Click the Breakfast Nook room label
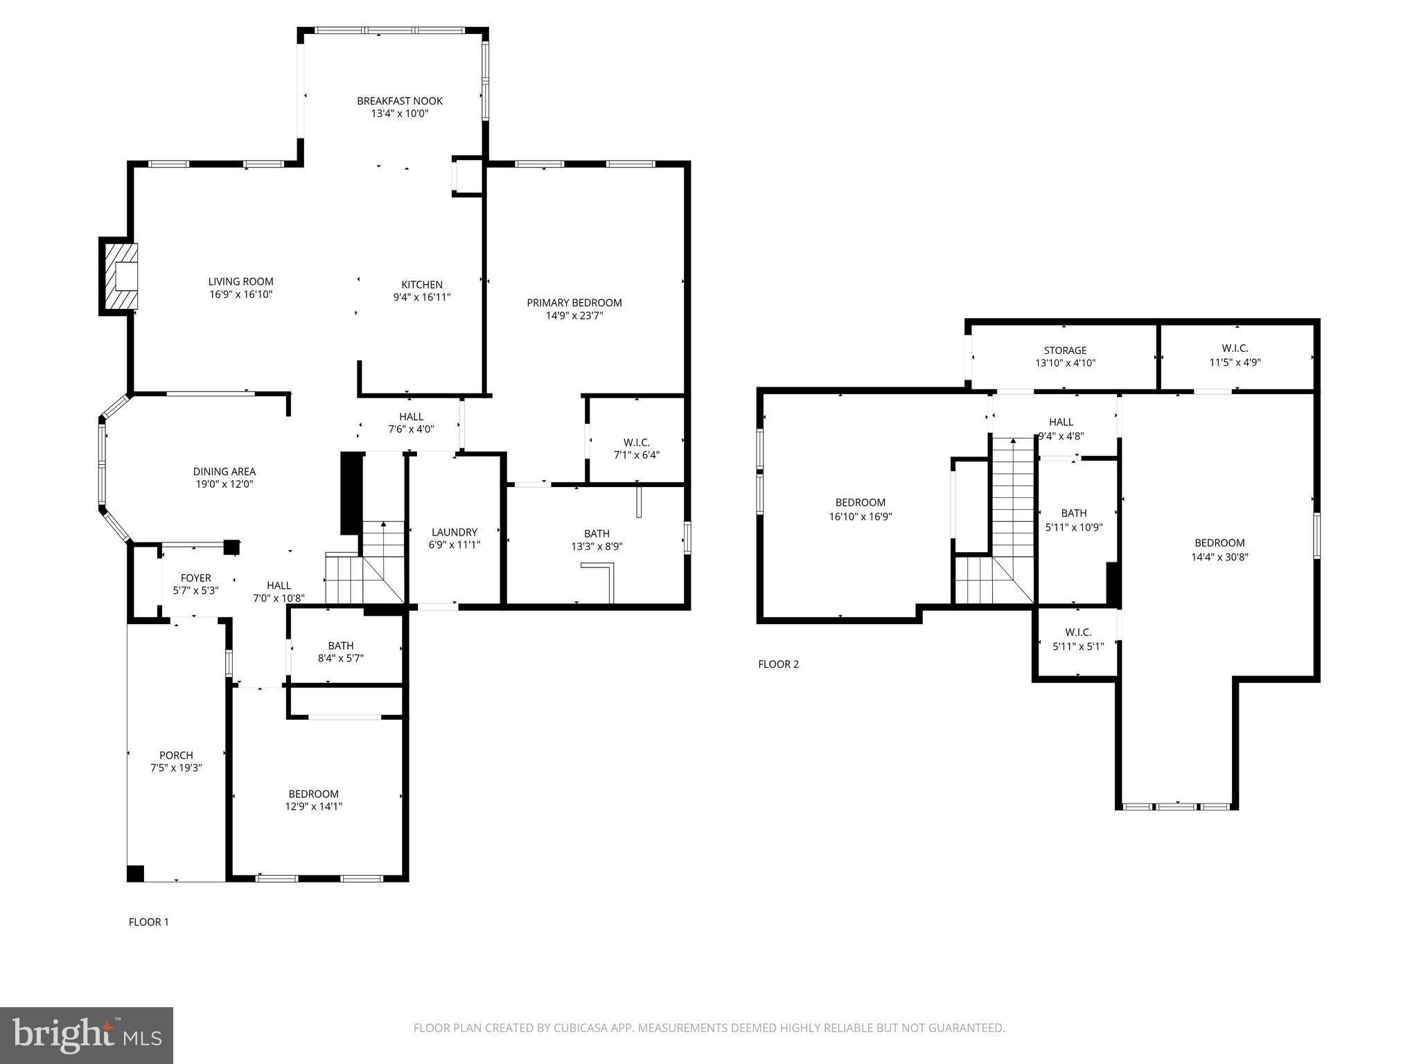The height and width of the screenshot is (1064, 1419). pos(400,101)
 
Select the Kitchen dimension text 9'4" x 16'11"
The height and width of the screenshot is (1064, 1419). pos(422,297)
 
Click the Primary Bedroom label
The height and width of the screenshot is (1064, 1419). pos(574,303)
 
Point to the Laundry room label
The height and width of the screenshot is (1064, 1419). pos(454,532)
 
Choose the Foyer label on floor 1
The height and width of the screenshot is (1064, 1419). pos(195,578)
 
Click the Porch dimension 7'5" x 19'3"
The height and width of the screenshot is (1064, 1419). pos(176,768)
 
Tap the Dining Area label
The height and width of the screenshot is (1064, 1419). pos(224,472)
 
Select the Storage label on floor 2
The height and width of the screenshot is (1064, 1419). pos(1065,351)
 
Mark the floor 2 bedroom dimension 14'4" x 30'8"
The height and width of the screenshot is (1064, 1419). pos(1219,556)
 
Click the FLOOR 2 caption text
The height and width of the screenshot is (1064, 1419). pos(778,664)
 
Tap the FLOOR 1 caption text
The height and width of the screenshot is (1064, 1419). pos(148,922)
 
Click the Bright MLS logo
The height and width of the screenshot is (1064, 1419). pos(87,1035)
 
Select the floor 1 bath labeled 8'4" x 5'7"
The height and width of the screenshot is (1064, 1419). pos(340,652)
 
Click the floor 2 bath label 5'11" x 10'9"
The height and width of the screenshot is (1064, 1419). pos(1073,520)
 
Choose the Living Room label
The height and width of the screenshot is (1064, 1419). pos(240,282)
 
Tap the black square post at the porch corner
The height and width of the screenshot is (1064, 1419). pos(135,874)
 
